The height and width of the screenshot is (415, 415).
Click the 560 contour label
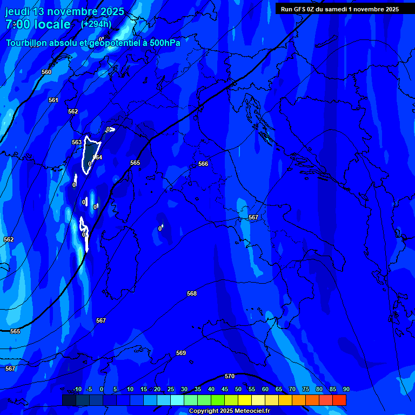[46, 72]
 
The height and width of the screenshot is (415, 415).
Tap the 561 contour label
[53, 100]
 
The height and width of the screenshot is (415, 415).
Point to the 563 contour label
[77, 142]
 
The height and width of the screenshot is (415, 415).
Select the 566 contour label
[203, 164]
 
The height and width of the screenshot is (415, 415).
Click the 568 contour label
[192, 293]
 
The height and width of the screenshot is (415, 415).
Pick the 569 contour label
[181, 353]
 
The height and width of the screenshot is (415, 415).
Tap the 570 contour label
[230, 376]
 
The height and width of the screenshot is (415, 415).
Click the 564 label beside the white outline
[97, 157]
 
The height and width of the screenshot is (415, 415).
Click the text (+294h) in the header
[96, 24]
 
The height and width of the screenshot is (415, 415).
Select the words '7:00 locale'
[38, 24]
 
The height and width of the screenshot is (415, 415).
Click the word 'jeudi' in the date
[18, 11]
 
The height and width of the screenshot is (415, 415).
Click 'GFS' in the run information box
[300, 9]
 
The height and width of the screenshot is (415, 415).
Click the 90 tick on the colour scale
[346, 389]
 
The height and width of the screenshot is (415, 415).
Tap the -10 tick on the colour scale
[77, 389]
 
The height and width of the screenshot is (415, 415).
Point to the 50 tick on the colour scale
[238, 389]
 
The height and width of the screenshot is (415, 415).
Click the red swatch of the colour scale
[339, 400]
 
